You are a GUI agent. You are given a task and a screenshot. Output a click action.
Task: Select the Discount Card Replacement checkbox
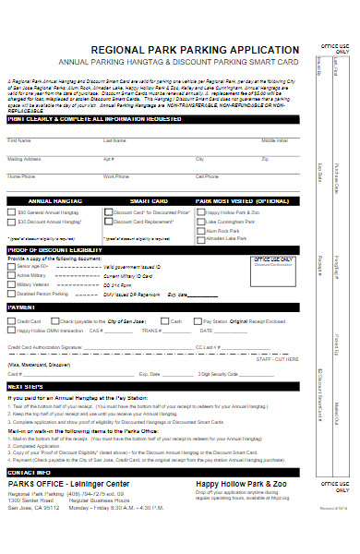(x=108, y=223)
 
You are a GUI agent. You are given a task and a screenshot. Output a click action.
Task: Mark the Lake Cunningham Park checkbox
(x=200, y=223)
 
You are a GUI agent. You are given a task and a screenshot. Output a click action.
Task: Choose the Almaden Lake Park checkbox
(x=200, y=238)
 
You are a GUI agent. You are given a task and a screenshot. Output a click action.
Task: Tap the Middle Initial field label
(x=274, y=140)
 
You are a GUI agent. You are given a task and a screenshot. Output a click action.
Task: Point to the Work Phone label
(x=116, y=175)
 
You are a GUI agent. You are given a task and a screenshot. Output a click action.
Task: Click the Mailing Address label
(x=24, y=158)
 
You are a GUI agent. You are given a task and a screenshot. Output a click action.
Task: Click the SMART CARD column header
(x=148, y=199)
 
